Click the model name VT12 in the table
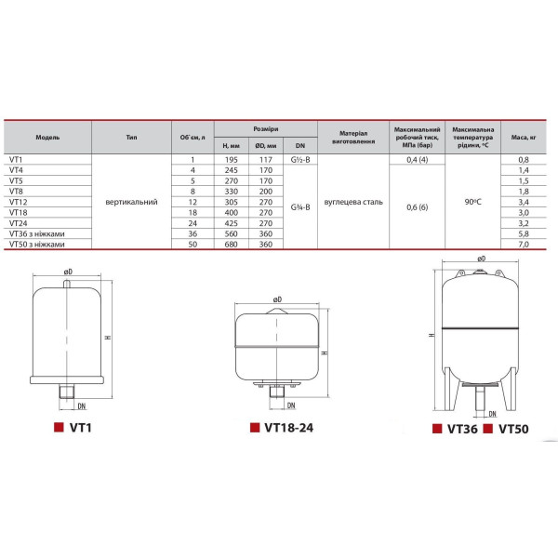[x=19, y=202]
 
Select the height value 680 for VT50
[x=231, y=245]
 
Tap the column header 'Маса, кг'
[x=523, y=138]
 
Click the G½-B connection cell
[x=300, y=160]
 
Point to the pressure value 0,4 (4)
[x=417, y=160]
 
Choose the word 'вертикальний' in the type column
[x=131, y=202]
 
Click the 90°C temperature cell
[x=472, y=202]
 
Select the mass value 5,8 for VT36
[x=524, y=233]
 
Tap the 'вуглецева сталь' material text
[x=353, y=202]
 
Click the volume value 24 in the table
[x=193, y=223]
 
